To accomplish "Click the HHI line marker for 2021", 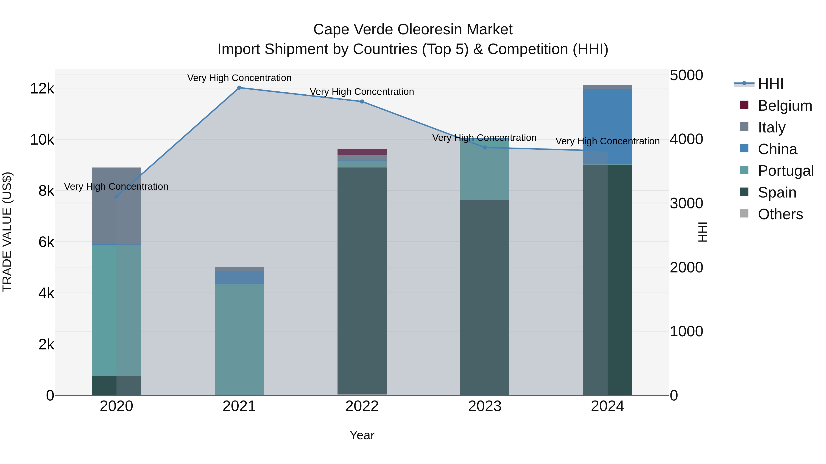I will (x=239, y=88).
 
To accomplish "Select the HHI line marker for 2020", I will (x=116, y=197).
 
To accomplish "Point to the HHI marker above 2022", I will (x=362, y=102).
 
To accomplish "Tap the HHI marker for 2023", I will (x=485, y=148).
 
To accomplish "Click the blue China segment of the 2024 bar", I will (x=607, y=126).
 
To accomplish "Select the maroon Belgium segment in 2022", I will (x=362, y=152).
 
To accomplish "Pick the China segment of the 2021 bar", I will (x=239, y=278).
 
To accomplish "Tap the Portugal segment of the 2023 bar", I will (x=485, y=170).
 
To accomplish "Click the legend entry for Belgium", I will (x=785, y=106).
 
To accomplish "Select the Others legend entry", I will (x=780, y=214).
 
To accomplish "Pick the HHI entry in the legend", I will (x=770, y=84).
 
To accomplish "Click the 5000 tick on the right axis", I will (x=686, y=76).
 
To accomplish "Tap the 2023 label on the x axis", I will (x=485, y=406).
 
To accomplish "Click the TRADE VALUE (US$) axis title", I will (x=7, y=232).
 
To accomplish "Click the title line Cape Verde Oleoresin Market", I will (x=413, y=30).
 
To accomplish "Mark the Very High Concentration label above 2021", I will (x=239, y=78).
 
